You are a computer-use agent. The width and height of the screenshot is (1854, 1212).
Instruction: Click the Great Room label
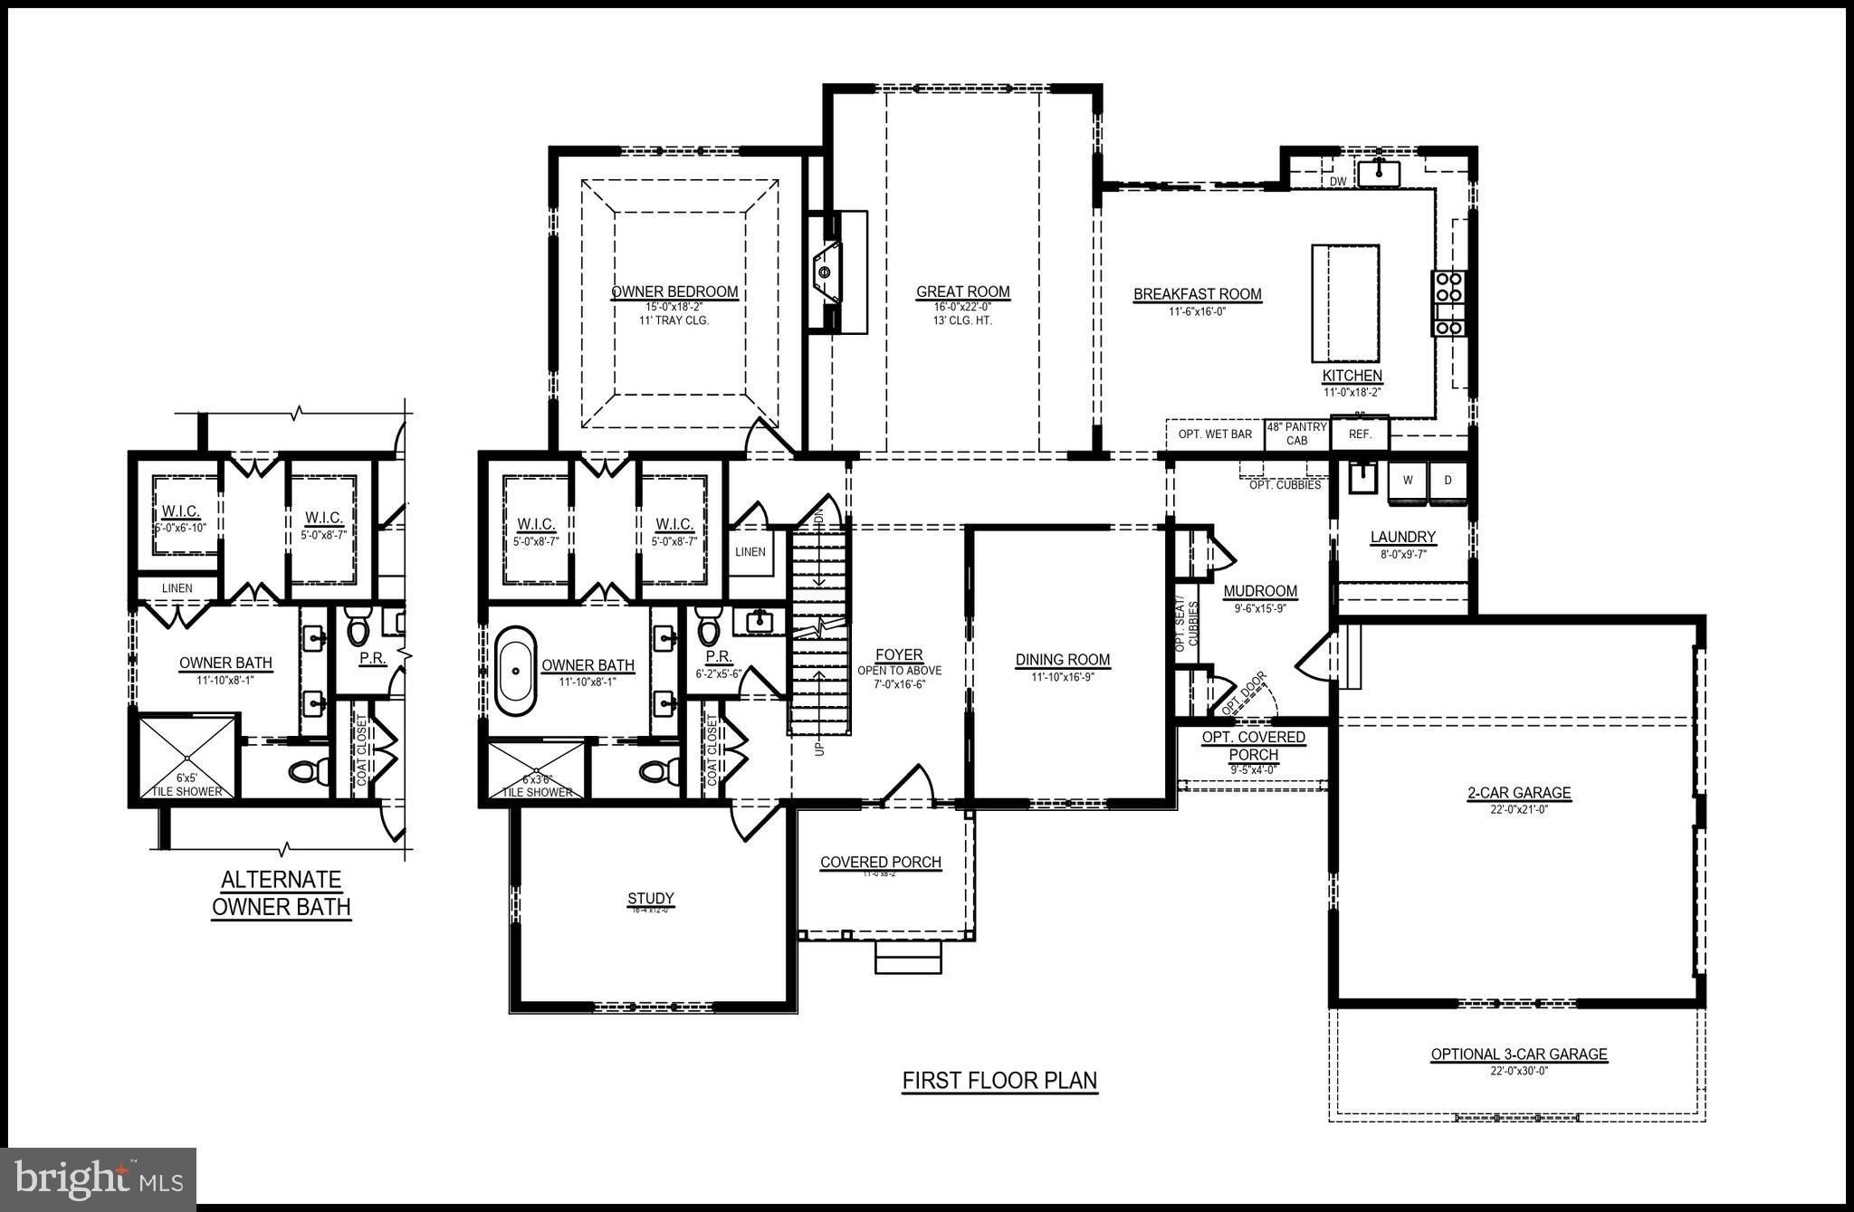962,292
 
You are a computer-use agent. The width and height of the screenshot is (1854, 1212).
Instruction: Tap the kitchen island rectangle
1345,301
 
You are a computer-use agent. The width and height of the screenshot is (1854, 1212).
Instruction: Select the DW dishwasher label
1338,182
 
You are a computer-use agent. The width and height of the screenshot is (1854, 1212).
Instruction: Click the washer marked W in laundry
1408,481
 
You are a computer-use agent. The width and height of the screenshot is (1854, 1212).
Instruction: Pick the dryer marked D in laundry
1448,481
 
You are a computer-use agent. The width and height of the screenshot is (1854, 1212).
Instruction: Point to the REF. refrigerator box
1360,434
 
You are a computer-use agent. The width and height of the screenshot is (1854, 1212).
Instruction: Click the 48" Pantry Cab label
1297,434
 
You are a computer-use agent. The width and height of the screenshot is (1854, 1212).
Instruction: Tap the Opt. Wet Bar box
1215,434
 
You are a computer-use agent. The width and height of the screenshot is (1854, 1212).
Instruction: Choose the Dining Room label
1063,660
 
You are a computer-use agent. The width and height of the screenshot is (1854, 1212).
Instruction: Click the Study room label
651,899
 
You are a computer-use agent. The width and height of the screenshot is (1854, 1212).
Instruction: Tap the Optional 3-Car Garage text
1519,1055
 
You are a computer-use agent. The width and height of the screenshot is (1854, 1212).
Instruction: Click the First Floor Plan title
999,1081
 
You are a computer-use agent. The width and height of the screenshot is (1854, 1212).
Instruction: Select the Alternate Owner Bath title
281,893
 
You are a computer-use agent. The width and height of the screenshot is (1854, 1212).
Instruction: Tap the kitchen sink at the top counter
1379,171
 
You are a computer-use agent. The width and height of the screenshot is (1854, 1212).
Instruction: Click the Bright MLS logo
99,1179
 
